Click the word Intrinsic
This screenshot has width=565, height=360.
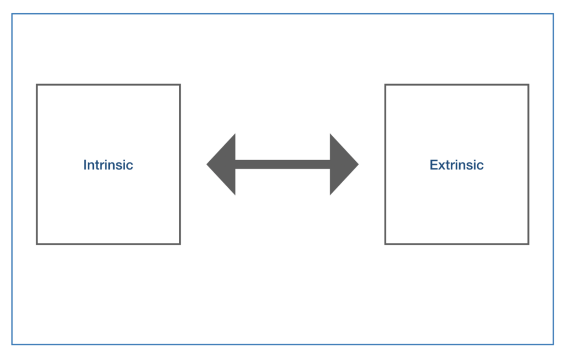click(108, 165)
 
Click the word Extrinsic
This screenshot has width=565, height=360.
click(456, 165)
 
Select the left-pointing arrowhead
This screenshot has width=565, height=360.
click(221, 165)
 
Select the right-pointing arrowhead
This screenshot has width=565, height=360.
click(344, 165)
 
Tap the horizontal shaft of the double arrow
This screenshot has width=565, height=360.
click(282, 165)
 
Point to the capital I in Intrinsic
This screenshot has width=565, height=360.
click(85, 165)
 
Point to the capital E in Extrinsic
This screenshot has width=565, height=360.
click(434, 165)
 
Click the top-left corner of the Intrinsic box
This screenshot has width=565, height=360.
click(37, 85)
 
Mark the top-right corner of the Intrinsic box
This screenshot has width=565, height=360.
click(180, 85)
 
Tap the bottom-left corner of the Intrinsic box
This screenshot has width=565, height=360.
click(37, 244)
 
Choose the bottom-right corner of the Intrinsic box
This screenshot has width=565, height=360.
click(180, 244)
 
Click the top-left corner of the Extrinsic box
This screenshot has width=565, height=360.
click(385, 85)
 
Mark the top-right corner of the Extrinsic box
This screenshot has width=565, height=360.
click(529, 85)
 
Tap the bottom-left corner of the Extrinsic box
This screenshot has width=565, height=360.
click(385, 244)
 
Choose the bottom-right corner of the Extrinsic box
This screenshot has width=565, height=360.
click(529, 244)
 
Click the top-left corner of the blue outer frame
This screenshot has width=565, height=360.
click(12, 14)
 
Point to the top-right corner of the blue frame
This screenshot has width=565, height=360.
click(553, 14)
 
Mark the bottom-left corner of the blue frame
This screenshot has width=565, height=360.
click(12, 345)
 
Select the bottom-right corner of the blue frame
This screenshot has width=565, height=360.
click(553, 345)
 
